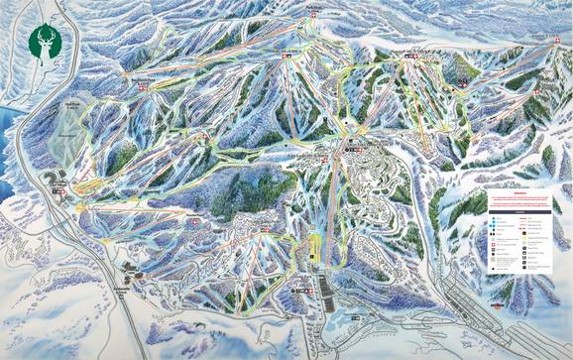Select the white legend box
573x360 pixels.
516,238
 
